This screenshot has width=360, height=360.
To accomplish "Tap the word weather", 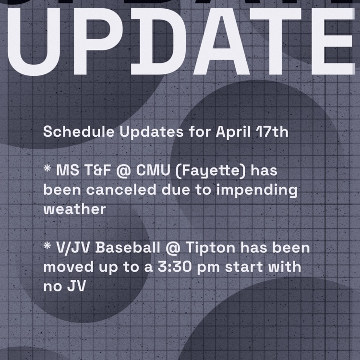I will (x=74, y=210).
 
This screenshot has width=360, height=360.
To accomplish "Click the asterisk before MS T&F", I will (x=47, y=169).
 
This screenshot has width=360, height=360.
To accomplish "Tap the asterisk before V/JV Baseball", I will (x=47, y=247).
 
